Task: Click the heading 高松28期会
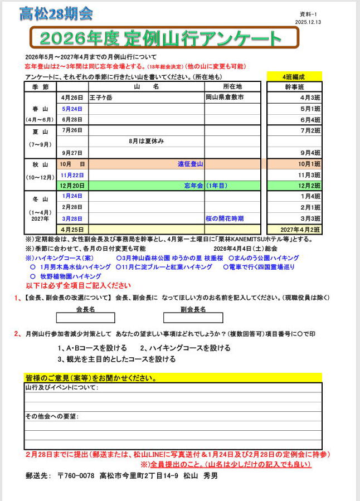56,13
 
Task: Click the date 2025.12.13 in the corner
309,22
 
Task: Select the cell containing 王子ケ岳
101,98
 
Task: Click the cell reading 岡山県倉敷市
225,98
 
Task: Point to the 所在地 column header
232,87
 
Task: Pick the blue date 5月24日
72,109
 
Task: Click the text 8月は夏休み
147,141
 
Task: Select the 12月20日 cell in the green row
72,186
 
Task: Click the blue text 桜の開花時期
225,218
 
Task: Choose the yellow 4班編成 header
294,76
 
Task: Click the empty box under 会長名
85,318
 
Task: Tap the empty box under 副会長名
193,318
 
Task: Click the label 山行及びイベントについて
62,387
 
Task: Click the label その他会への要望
52,416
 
